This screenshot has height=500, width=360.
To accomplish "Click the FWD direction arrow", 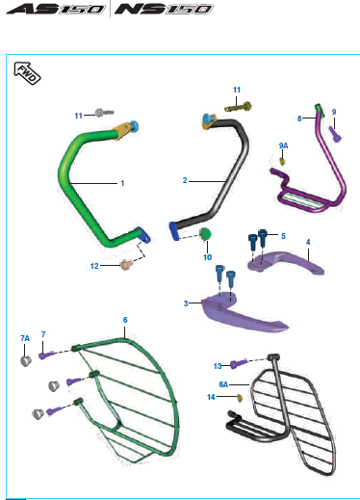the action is point(27,73).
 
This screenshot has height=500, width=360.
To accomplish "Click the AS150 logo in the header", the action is point(56,9).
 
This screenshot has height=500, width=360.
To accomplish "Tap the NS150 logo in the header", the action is point(164,9).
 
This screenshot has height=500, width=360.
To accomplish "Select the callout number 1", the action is point(122,183).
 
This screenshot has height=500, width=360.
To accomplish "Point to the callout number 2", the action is point(185,180).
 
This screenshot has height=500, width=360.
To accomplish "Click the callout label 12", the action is point(94,266).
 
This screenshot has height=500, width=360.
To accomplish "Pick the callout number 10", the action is point(207,257).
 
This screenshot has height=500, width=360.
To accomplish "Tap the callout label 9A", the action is point(283,145).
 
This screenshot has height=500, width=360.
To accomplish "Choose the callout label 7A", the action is point(25,338).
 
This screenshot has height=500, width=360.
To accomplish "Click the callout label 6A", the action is point(223,384).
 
